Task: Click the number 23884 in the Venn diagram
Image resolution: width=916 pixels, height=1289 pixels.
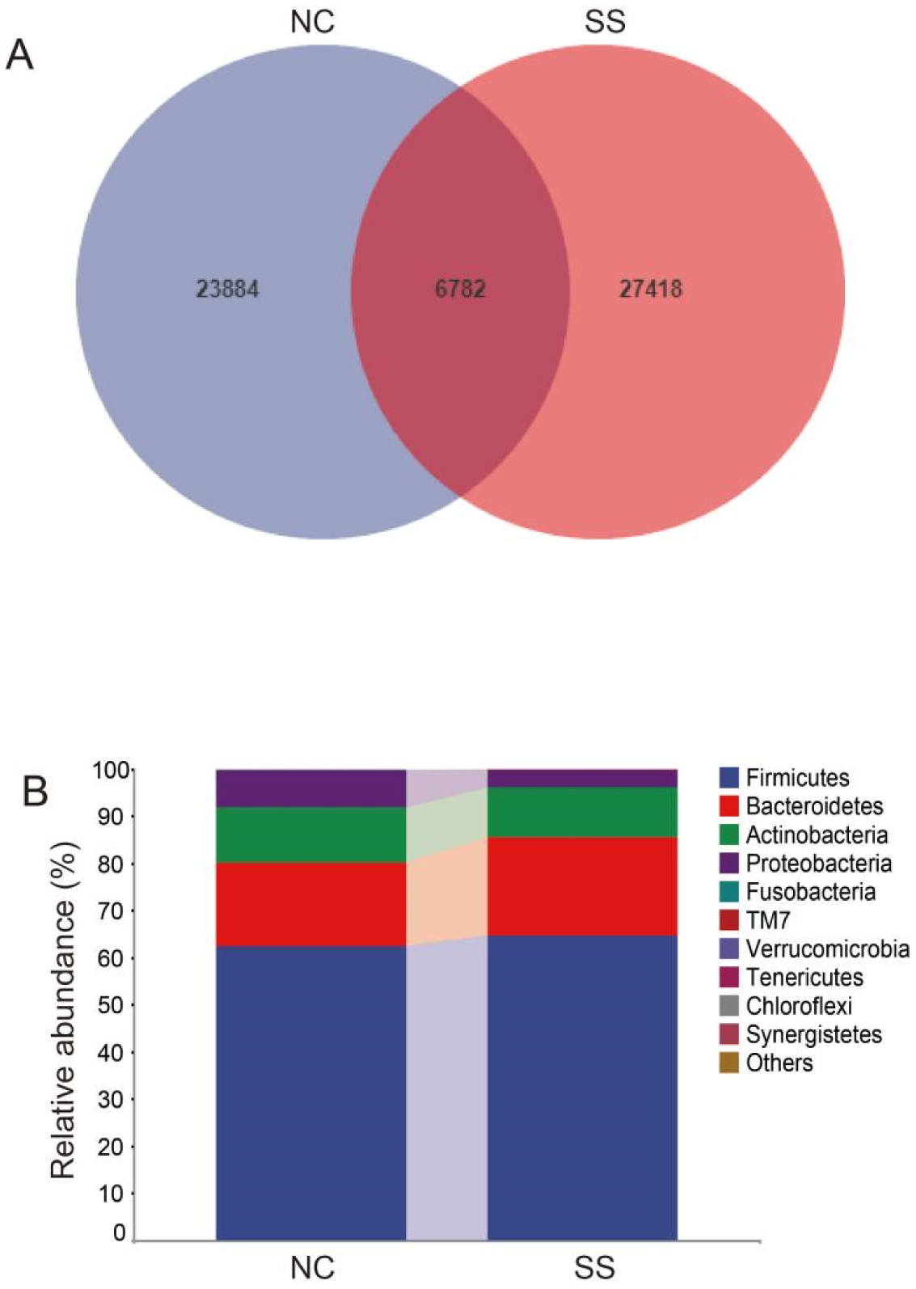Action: pos(227,289)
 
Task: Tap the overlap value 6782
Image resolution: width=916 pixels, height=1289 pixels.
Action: pos(460,289)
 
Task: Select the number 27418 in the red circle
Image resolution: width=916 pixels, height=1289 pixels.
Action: pos(651,289)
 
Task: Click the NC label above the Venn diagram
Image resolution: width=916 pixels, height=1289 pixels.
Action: pos(312,22)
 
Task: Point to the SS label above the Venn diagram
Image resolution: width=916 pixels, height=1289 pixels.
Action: pos(605,22)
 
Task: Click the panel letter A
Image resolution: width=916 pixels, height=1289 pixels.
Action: pos(19,56)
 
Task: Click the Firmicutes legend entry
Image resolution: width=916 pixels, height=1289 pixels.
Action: pos(796,778)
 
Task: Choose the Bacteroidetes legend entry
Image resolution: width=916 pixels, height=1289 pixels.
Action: pos(813,806)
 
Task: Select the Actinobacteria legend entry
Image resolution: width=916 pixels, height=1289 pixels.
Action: pos(816,835)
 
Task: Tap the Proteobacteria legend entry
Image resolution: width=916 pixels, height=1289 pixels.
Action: pos(818,864)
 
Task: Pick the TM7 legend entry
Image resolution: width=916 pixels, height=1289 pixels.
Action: pos(767,920)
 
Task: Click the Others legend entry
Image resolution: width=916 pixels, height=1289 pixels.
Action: pos(779,1063)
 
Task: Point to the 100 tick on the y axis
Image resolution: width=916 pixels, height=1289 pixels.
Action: pos(111,770)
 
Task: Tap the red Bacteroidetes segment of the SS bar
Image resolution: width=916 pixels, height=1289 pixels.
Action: pos(582,886)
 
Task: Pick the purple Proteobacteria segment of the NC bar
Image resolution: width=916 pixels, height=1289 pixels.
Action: pos(310,788)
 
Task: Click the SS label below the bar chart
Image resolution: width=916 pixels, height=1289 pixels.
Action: pos(594,1267)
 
